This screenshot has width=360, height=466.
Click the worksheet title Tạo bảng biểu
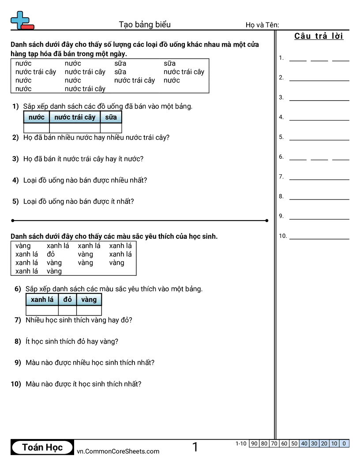click(145, 25)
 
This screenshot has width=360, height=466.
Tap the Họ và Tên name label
click(262, 25)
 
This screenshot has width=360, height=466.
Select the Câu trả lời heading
click(319, 36)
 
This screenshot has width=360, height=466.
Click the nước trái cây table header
click(75, 117)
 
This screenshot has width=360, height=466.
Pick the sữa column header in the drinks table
click(111, 117)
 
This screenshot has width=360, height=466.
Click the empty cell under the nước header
click(37, 128)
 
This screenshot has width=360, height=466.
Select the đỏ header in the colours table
click(67, 300)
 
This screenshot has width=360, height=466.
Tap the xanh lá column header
click(42, 300)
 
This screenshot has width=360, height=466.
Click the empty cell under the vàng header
click(89, 310)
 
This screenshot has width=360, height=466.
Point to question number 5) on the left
click(15, 201)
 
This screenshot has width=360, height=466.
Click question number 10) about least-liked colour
click(16, 384)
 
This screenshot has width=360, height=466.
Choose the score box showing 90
click(254, 443)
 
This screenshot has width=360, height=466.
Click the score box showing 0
click(344, 443)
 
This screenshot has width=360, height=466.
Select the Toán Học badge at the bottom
click(42, 447)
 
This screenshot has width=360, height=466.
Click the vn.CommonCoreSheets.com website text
click(118, 451)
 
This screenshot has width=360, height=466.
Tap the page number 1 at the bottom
click(195, 447)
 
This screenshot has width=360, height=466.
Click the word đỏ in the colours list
click(51, 254)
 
